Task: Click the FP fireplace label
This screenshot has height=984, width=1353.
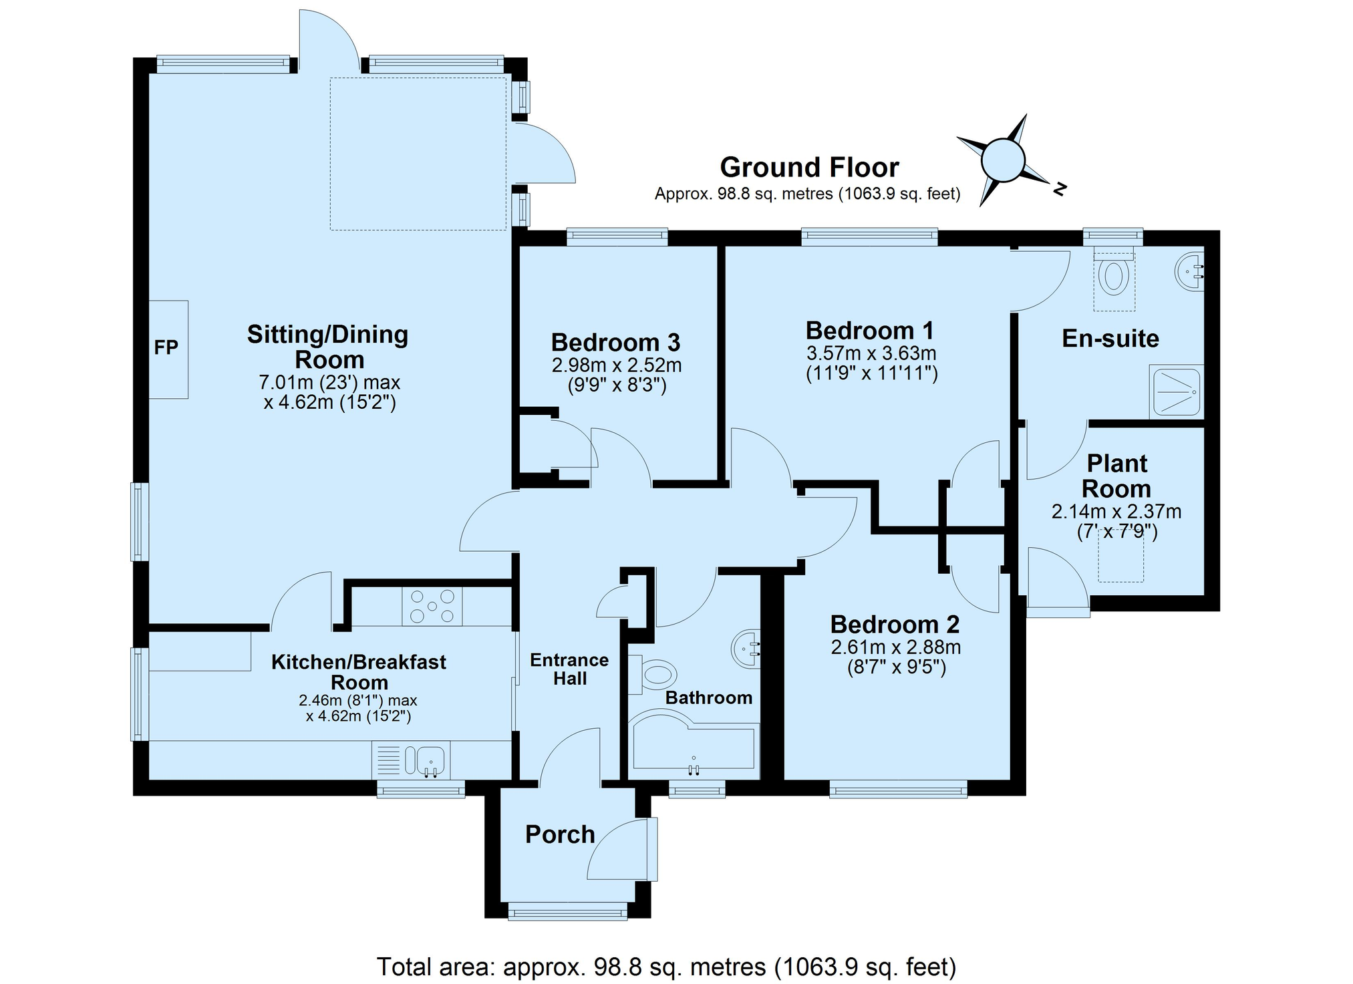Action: [166, 347]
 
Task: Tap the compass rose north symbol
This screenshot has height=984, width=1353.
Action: [1002, 160]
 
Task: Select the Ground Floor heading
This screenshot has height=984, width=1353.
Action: [809, 167]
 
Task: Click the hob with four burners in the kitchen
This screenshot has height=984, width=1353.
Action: [432, 606]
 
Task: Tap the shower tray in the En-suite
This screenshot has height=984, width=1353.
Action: [1177, 391]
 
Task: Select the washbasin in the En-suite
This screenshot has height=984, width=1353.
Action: [1190, 271]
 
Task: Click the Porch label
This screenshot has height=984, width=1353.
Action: [560, 834]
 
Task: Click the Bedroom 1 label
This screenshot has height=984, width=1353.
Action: [870, 331]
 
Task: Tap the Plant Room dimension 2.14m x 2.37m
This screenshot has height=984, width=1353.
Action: [1116, 512]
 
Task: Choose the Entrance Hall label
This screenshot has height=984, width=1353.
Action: [569, 669]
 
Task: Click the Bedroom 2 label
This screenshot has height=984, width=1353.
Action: [895, 625]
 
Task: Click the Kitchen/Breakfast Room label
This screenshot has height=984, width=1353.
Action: [359, 672]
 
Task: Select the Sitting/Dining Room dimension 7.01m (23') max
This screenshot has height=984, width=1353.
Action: [329, 383]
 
